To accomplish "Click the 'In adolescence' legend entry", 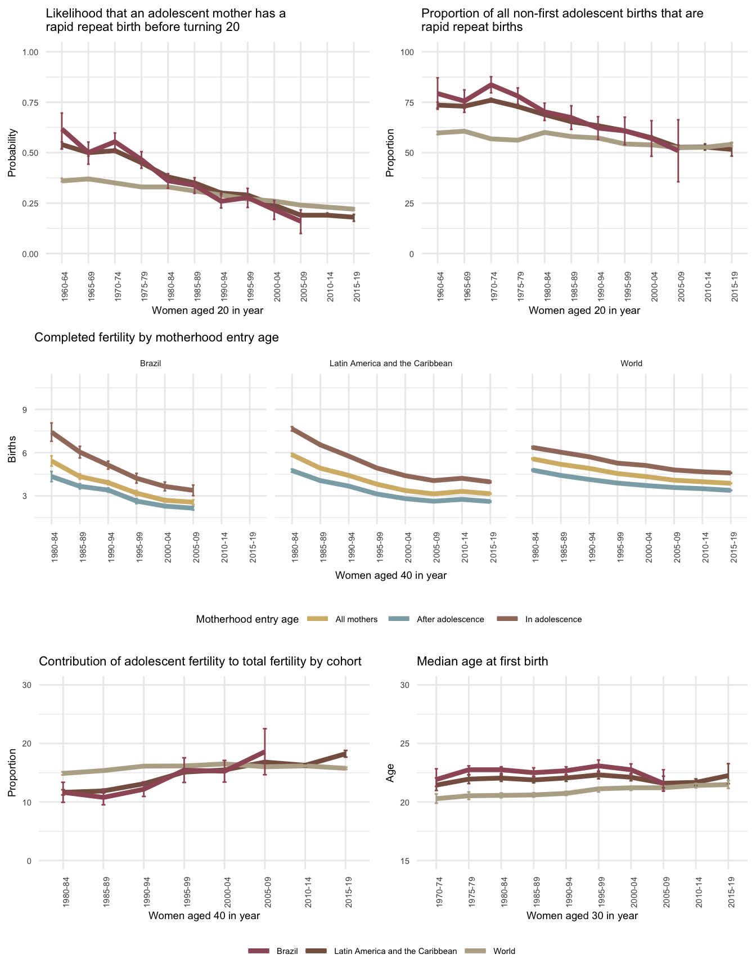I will pos(553,619).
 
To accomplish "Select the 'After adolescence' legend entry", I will pos(450,619).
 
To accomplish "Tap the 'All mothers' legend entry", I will pos(356,619).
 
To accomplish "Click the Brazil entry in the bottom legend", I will pos(286,951).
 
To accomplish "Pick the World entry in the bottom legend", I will pos(503,951).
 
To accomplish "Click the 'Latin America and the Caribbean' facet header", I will pos(390,363).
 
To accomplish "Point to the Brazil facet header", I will pos(150,363).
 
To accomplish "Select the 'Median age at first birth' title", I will pos(482,661).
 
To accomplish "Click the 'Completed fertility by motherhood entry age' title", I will pos(156,337).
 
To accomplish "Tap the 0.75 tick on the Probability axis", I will pos(30,102).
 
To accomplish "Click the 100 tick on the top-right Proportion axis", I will pos(407,52).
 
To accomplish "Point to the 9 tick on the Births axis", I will pos(25,409).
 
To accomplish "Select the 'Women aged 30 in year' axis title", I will pos(582,916).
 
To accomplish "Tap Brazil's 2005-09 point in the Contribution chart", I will pos(265,751).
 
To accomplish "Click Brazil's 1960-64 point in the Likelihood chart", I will pos(62,129).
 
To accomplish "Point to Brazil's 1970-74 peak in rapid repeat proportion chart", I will pos(491,84).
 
